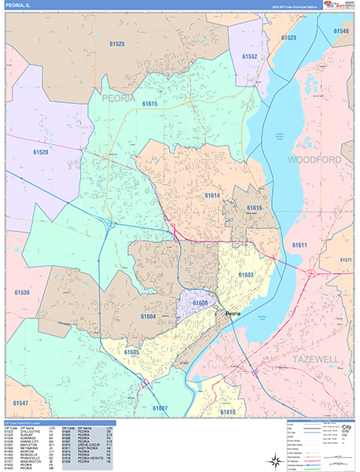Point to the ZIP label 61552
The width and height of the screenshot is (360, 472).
pyautogui.click(x=250, y=57)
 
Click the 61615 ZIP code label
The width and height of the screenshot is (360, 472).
pyautogui.click(x=149, y=103)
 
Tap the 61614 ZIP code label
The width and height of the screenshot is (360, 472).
pyautogui.click(x=212, y=195)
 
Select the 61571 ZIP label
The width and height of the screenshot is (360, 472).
pyautogui.click(x=346, y=260)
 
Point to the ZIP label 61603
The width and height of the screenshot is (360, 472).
pyautogui.click(x=246, y=274)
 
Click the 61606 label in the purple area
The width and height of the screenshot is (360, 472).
pyautogui.click(x=200, y=302)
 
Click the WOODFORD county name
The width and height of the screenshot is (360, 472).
pyautogui.click(x=314, y=160)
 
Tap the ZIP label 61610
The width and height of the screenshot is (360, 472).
pyautogui.click(x=228, y=411)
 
